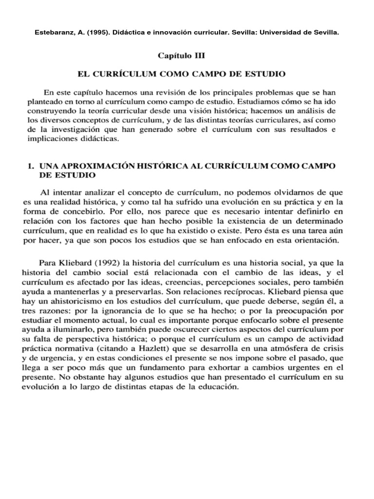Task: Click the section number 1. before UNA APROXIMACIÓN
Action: (x=30, y=166)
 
